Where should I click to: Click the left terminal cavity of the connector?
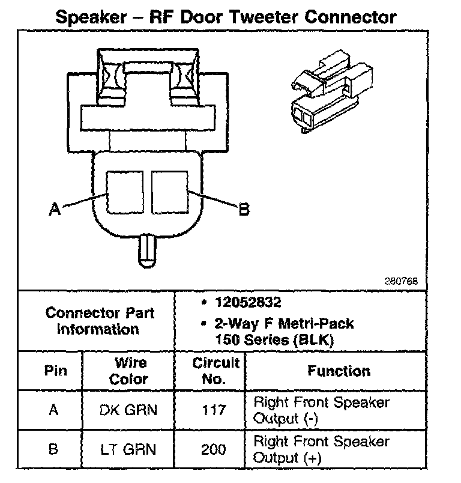pos(125,192)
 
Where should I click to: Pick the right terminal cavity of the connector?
pos(170,192)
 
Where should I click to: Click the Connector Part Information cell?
pos(100,321)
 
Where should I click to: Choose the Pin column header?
pos(55,371)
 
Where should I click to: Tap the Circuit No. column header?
pos(216,371)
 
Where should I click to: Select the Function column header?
pos(339,371)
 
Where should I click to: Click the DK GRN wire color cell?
pos(128,410)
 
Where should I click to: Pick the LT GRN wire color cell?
pos(128,449)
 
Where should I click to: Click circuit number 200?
pos(215,449)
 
